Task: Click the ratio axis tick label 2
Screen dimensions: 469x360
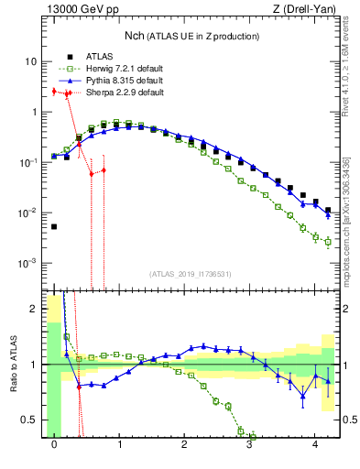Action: click(35, 309)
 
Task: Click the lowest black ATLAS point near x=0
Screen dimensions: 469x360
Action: click(54, 226)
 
